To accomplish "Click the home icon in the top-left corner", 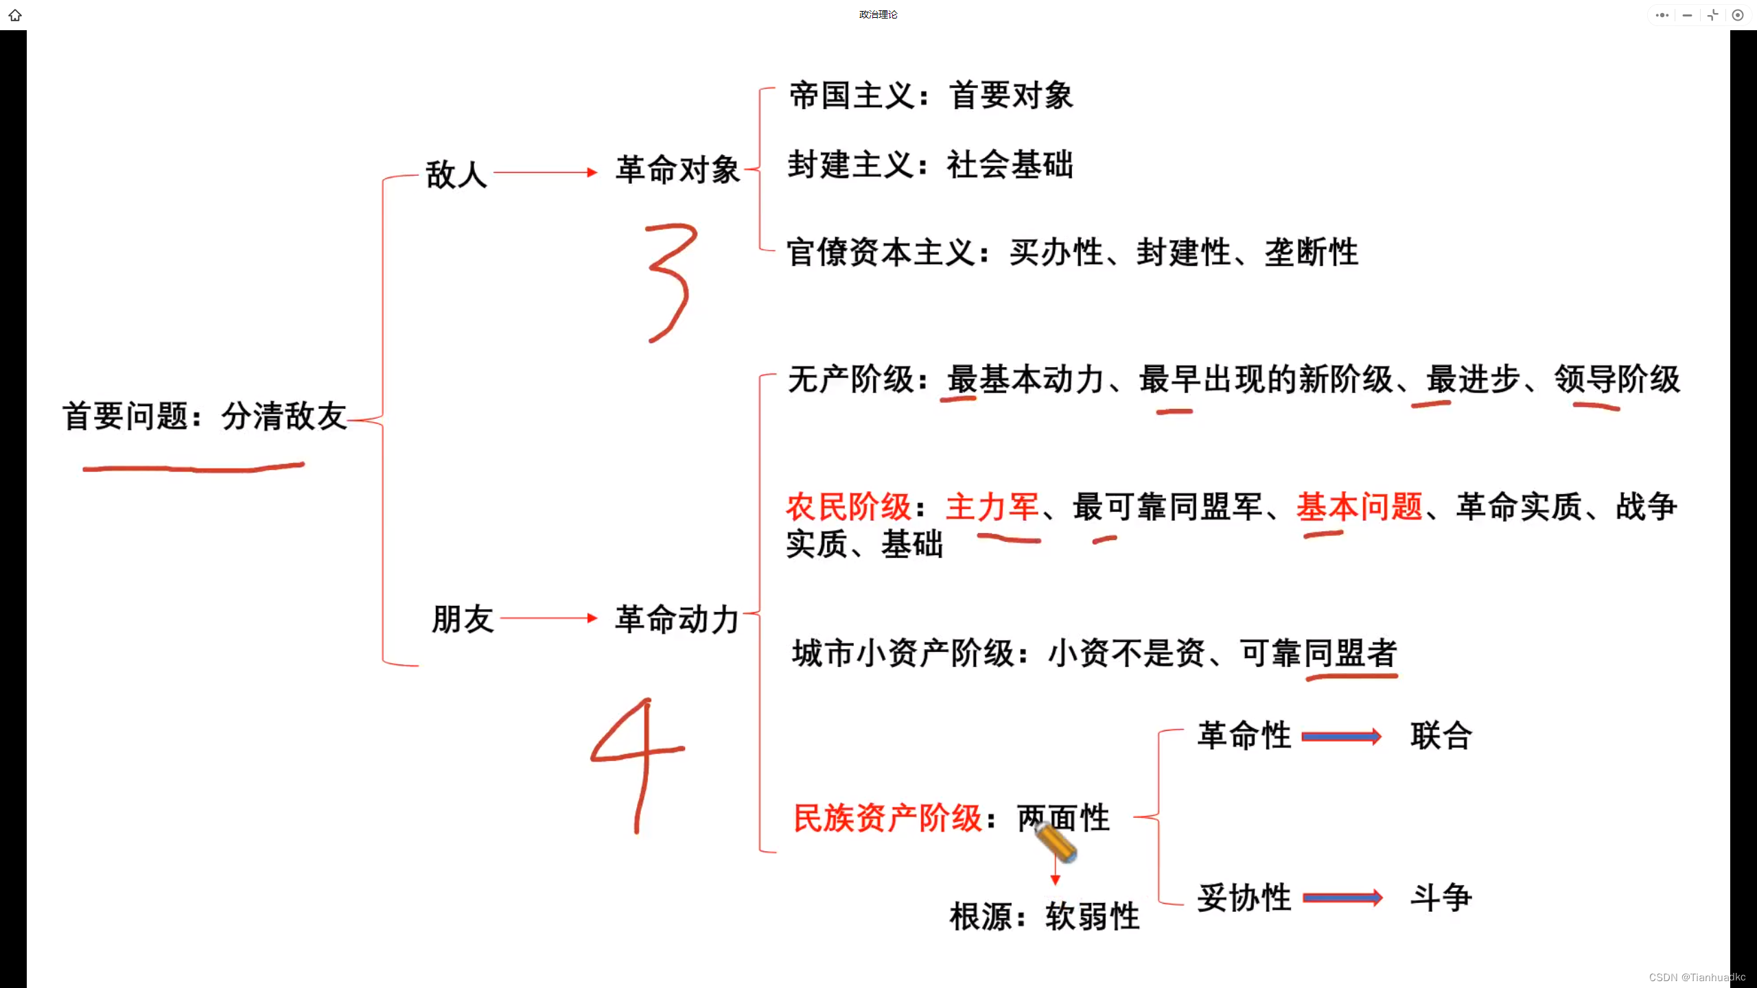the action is click(15, 15).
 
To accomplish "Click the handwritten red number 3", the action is click(669, 281).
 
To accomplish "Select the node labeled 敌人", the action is click(456, 174).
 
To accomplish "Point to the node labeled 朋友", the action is click(463, 619).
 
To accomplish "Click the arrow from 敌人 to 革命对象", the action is click(546, 172).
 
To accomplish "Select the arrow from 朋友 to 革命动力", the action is click(549, 618).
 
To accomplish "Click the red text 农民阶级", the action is click(848, 508).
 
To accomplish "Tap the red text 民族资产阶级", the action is click(887, 818).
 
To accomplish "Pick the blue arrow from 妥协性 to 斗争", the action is click(1342, 898).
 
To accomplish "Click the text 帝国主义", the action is click(852, 95).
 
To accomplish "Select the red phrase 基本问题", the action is click(1359, 508).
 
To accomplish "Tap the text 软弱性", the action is click(1092, 917).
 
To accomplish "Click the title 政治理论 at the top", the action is click(878, 14).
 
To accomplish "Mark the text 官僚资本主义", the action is click(881, 252).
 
